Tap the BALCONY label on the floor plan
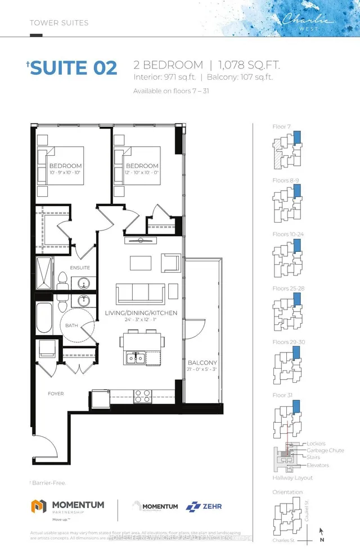click(x=202, y=363)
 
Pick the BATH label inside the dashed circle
click(x=71, y=325)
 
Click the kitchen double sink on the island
click(x=136, y=357)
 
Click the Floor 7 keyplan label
click(x=281, y=127)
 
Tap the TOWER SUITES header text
click(x=59, y=23)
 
